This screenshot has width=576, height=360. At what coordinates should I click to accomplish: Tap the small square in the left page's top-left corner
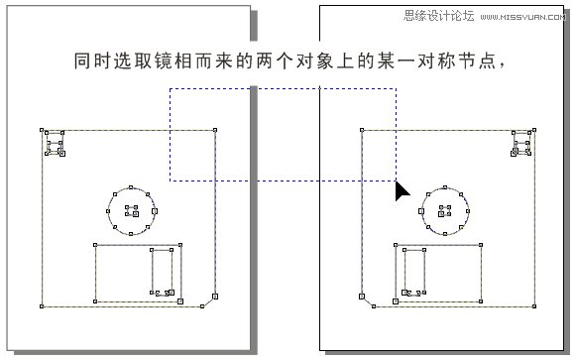pyautogui.click(x=54, y=145)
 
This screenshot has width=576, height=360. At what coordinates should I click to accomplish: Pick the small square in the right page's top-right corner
pyautogui.click(x=522, y=145)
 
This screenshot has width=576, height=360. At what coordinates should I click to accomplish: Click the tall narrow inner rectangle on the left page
pyautogui.click(x=162, y=272)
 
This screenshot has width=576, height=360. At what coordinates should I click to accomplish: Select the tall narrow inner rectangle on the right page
pyautogui.click(x=414, y=272)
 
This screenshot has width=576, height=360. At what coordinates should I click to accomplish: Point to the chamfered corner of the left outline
pyautogui.click(x=209, y=299)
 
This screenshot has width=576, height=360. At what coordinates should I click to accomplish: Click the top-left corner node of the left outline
pyautogui.click(x=42, y=130)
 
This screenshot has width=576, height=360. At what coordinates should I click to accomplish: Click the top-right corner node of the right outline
pyautogui.click(x=535, y=130)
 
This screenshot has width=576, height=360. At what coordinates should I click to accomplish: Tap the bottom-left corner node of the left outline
pyautogui.click(x=42, y=306)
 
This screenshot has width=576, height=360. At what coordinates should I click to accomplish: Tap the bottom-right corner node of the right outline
pyautogui.click(x=535, y=306)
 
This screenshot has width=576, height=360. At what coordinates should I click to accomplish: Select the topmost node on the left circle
pyautogui.click(x=132, y=185)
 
